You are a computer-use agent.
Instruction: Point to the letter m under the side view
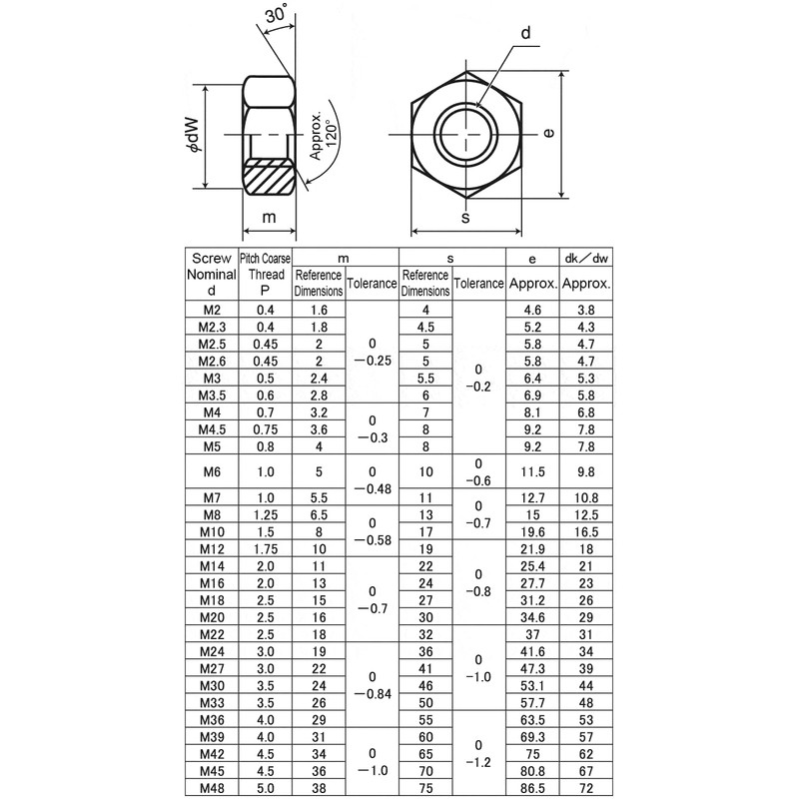269,218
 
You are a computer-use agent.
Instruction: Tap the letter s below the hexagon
466,218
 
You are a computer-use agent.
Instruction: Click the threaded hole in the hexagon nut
465,131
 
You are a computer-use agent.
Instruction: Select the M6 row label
211,471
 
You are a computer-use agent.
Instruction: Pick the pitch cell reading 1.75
265,548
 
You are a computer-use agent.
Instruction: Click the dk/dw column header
586,258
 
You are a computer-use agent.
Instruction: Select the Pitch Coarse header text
266,258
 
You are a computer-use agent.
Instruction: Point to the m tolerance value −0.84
373,694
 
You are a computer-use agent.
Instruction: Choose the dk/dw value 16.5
586,531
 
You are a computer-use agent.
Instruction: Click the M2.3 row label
211,327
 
